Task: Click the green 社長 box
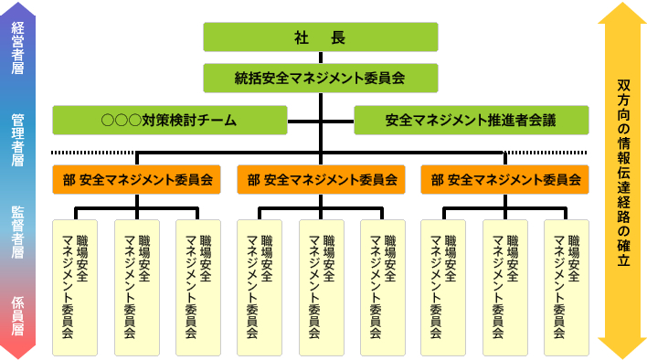[320, 37]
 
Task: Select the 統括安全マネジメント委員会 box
[320, 79]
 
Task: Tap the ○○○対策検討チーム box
[169, 120]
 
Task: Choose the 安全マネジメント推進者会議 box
[470, 120]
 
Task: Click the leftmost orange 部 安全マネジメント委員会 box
[137, 180]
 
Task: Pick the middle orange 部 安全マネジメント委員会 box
[321, 180]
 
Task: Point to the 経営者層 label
[17, 42]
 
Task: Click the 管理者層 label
[17, 140]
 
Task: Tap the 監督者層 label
[17, 232]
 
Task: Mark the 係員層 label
[17, 316]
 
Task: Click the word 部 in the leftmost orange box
[69, 180]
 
